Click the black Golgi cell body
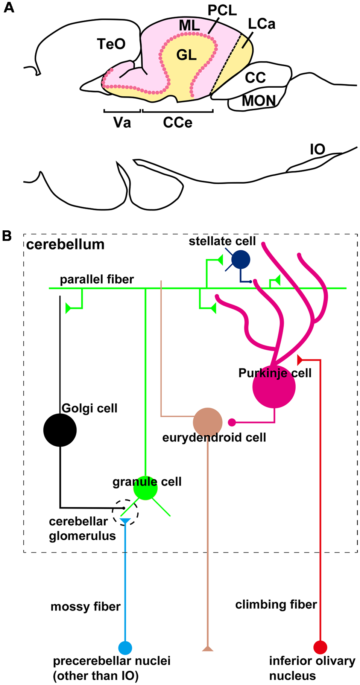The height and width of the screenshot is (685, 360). pyautogui.click(x=60, y=430)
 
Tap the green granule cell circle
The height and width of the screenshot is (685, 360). pyautogui.click(x=145, y=488)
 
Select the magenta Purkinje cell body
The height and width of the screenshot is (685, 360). pyautogui.click(x=274, y=387)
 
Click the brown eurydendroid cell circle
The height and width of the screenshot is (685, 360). pyautogui.click(x=208, y=422)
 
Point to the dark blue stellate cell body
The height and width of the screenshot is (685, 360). pyautogui.click(x=241, y=260)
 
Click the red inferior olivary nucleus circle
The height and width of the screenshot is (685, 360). pyautogui.click(x=320, y=647)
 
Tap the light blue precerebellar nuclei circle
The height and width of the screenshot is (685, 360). pyautogui.click(x=125, y=648)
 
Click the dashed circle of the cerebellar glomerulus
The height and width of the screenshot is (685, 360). pyautogui.click(x=125, y=512)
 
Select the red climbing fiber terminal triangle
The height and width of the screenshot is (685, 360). pyautogui.click(x=300, y=360)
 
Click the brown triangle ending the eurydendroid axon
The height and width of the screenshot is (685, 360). pyautogui.click(x=208, y=648)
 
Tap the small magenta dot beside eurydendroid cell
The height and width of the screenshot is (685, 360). pyautogui.click(x=232, y=422)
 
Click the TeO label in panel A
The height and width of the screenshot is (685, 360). pyautogui.click(x=111, y=44)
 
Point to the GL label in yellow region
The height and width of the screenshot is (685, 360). pyautogui.click(x=187, y=55)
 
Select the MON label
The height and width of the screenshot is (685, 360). pyautogui.click(x=259, y=100)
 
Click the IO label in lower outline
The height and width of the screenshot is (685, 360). pyautogui.click(x=317, y=149)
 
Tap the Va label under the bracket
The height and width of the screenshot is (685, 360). pyautogui.click(x=122, y=123)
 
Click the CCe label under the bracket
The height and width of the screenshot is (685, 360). pyautogui.click(x=178, y=123)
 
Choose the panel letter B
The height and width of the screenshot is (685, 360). pyautogui.click(x=7, y=236)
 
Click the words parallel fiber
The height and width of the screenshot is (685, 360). pyautogui.click(x=97, y=279)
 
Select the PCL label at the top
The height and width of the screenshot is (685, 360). pyautogui.click(x=222, y=11)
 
